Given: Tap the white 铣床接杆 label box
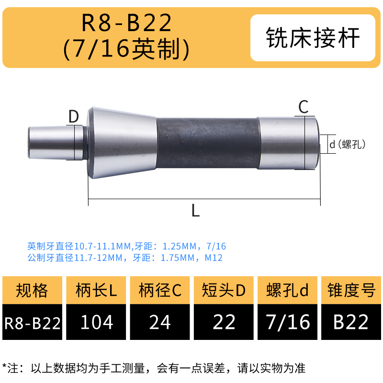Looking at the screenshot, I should click(312, 38).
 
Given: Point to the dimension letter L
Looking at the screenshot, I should click(195, 210).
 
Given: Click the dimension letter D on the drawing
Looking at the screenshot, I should click(73, 116).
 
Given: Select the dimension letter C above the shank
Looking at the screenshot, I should click(304, 107).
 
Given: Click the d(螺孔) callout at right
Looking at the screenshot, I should click(347, 143).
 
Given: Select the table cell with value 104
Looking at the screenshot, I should click(96, 322).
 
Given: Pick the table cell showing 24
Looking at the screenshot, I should click(160, 322).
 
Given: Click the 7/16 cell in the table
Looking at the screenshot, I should click(288, 322).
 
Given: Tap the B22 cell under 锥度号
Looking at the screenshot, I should click(351, 322).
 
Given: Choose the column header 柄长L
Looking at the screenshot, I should click(96, 291).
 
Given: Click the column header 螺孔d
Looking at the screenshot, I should click(288, 291).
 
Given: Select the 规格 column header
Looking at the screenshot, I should click(32, 291).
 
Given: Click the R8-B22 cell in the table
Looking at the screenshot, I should click(32, 323).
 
